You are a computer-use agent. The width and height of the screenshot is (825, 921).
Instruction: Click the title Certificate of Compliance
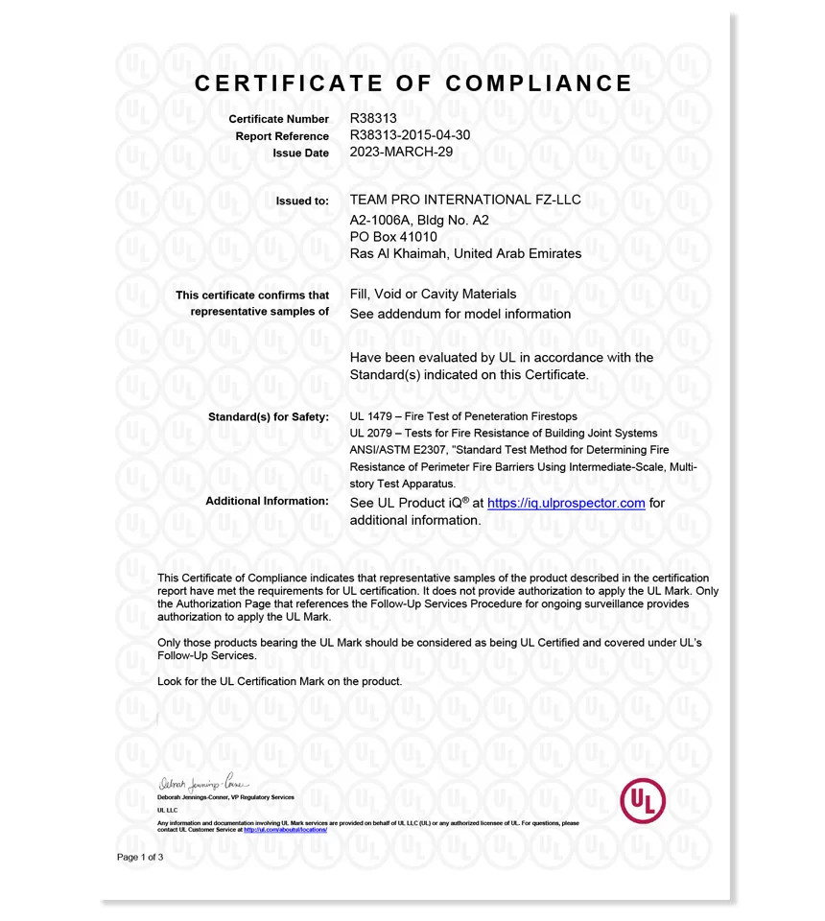pos(413,83)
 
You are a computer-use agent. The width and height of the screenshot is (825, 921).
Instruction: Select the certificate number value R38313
pos(374,119)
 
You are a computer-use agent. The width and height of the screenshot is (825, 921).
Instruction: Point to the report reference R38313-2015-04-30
pos(410,135)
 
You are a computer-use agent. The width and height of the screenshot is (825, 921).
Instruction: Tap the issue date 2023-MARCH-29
pos(401,152)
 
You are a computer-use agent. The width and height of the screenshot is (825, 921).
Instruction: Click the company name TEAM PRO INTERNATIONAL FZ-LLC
pos(465,200)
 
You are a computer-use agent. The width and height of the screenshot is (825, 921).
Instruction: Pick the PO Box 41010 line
pos(393,236)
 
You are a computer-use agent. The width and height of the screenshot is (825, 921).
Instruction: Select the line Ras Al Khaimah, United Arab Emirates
pos(465,253)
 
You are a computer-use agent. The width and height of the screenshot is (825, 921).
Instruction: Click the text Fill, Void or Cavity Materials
pos(433,294)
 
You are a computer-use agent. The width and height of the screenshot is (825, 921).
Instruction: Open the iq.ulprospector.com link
pos(566,503)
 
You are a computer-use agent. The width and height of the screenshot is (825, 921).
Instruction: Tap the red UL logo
pos(643,800)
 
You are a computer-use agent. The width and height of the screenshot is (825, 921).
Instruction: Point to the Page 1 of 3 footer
pos(140,857)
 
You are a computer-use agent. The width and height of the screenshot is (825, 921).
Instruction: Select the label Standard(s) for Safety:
pos(269,416)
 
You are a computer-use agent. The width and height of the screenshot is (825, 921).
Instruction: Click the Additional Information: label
pos(267,501)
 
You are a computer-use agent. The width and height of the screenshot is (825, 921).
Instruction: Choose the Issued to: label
pos(302,201)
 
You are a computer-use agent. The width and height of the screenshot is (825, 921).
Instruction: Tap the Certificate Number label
pos(278,119)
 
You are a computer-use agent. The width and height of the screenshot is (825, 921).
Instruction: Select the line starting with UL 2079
pos(504,434)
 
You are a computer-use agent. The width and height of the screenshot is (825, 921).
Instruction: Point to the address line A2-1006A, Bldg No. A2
pos(419,219)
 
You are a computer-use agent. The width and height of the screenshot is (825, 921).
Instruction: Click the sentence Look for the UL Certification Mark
pos(279,681)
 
